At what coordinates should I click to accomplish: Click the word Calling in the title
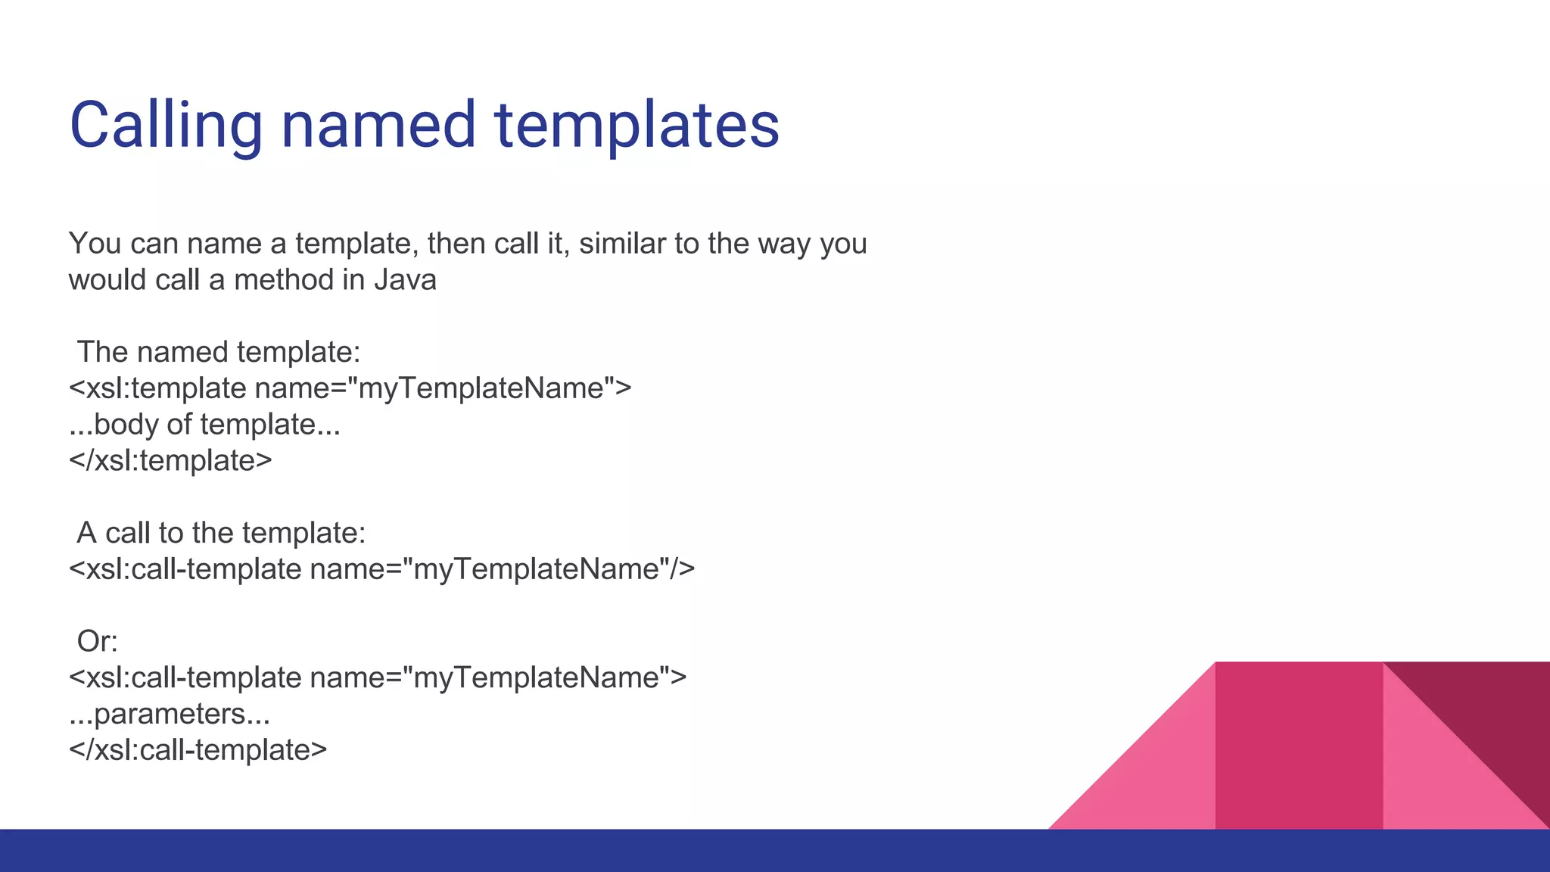pyautogui.click(x=166, y=125)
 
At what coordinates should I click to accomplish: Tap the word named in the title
pyautogui.click(x=378, y=125)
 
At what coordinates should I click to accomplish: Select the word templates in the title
pyautogui.click(x=636, y=125)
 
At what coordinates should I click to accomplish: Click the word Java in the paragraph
pyautogui.click(x=405, y=280)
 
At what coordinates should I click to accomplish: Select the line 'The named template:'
pyautogui.click(x=219, y=352)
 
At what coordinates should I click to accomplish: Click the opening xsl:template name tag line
pyautogui.click(x=350, y=388)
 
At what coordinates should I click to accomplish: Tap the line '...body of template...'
pyautogui.click(x=204, y=425)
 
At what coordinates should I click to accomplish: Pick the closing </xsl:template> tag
pyautogui.click(x=170, y=460)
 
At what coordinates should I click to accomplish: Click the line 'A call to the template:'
pyautogui.click(x=221, y=533)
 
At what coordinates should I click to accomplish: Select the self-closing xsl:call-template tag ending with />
pyautogui.click(x=381, y=569)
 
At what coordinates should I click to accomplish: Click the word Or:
pyautogui.click(x=98, y=642)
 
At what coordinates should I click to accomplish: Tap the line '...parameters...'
pyautogui.click(x=170, y=714)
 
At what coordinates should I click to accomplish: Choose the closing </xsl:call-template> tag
pyautogui.click(x=198, y=750)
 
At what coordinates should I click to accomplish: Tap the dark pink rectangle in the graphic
pyautogui.click(x=1299, y=746)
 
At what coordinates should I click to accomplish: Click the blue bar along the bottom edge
pyautogui.click(x=775, y=851)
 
